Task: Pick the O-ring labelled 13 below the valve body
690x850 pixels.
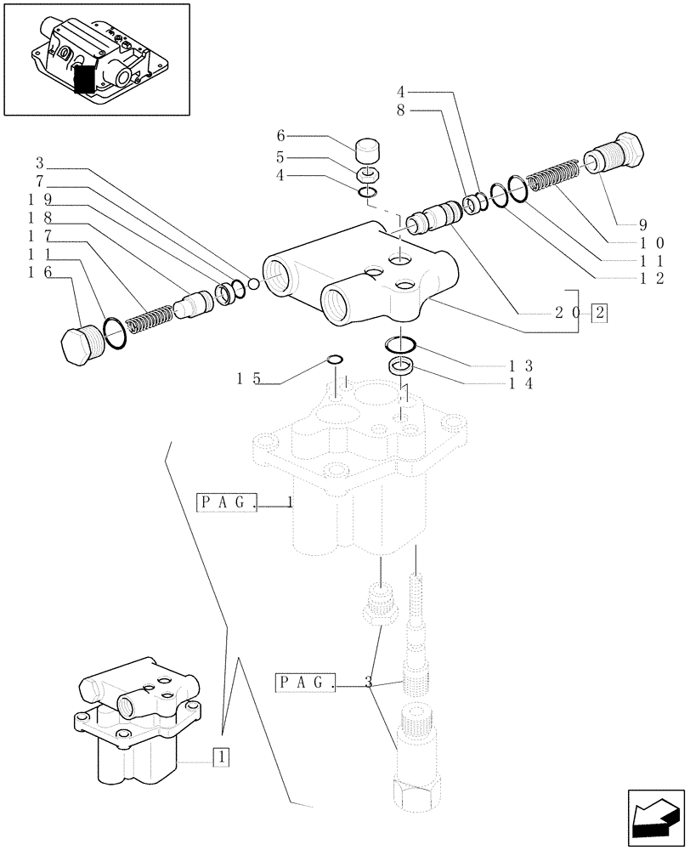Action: point(399,344)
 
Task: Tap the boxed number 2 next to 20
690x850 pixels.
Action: point(600,312)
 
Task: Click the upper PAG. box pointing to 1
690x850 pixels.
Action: point(227,501)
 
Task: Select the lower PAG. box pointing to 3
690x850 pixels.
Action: point(306,682)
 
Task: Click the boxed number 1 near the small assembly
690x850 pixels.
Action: point(220,755)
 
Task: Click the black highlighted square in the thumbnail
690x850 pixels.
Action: point(85,79)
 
